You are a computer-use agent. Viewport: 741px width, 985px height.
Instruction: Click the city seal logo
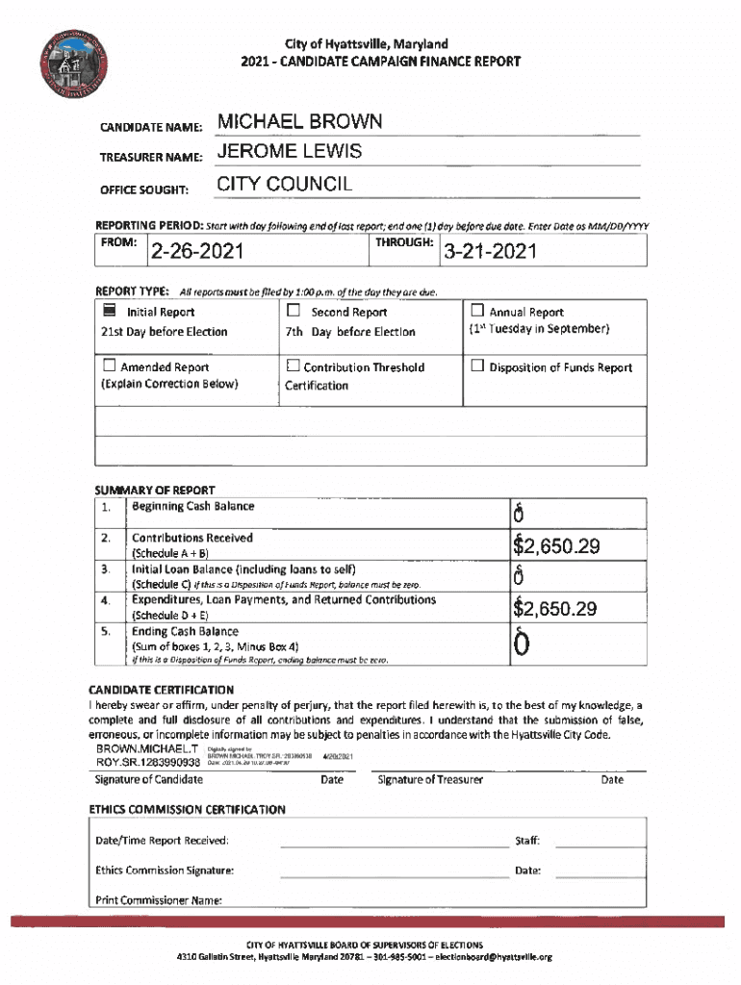pyautogui.click(x=70, y=73)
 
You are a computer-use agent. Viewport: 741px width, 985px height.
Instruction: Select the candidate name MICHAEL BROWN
pyautogui.click(x=299, y=122)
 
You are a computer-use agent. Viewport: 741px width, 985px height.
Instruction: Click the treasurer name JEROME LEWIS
pyautogui.click(x=290, y=152)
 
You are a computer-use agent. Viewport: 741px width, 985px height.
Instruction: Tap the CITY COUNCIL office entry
pyautogui.click(x=285, y=184)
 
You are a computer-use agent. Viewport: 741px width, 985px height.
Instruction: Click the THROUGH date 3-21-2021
pyautogui.click(x=489, y=253)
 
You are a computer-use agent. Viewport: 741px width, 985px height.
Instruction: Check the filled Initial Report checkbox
pyautogui.click(x=110, y=312)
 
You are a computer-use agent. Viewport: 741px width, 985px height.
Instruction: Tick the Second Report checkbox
pyautogui.click(x=294, y=312)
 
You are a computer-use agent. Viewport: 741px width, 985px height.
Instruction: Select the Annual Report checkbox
pyautogui.click(x=477, y=312)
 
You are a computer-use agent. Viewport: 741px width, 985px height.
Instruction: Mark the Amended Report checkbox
pyautogui.click(x=110, y=366)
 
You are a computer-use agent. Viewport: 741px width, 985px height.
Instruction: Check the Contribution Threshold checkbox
pyautogui.click(x=294, y=366)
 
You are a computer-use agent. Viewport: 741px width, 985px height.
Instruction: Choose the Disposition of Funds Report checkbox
pyautogui.click(x=477, y=366)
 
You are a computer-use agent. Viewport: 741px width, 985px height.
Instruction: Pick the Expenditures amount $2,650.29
pyautogui.click(x=556, y=609)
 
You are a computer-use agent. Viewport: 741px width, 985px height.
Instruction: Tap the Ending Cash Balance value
pyautogui.click(x=520, y=645)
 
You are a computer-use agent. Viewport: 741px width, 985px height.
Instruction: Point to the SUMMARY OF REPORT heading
pyautogui.click(x=155, y=490)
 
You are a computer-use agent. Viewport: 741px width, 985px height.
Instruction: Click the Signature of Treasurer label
pyautogui.click(x=430, y=779)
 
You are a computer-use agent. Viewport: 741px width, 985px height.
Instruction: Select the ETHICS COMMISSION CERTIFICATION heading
pyautogui.click(x=187, y=809)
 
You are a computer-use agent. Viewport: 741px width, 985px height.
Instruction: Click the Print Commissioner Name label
pyautogui.click(x=159, y=900)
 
